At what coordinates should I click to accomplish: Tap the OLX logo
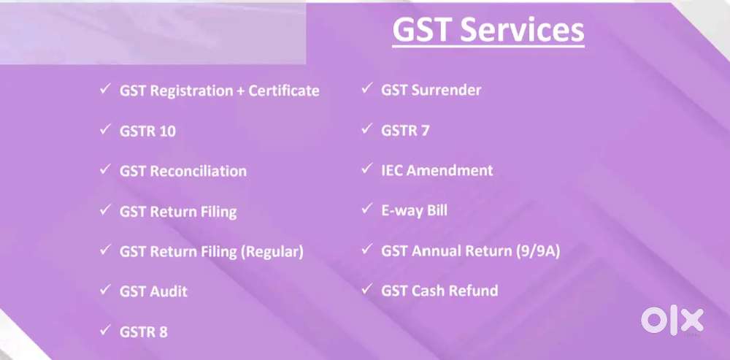[672, 321]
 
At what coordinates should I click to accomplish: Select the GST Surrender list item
[431, 90]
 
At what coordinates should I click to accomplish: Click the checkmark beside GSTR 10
[104, 129]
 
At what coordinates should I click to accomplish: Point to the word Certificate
[283, 91]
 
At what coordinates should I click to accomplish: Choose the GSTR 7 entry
[405, 131]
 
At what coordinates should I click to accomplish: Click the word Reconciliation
[199, 171]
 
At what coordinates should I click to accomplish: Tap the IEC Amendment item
[437, 170]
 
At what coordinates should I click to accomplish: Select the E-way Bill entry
[414, 210]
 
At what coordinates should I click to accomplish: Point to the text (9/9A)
[538, 251]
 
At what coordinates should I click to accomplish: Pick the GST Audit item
[153, 292]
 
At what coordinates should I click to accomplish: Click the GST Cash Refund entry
[439, 291]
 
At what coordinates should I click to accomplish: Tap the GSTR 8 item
[143, 332]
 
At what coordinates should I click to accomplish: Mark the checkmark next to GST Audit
[104, 290]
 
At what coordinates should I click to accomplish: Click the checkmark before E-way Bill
[366, 209]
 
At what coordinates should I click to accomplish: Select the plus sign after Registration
[240, 91]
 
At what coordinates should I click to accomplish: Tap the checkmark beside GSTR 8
[104, 330]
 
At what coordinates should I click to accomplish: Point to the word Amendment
[449, 170]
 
